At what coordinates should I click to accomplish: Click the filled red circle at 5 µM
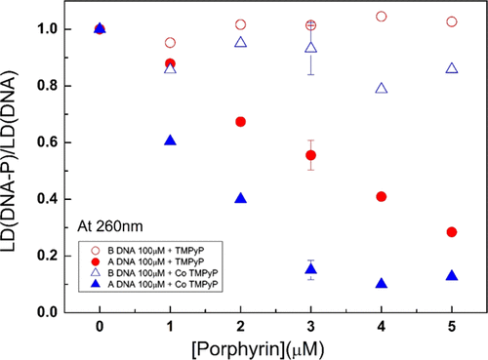click(x=452, y=232)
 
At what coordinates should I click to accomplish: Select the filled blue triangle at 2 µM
click(x=241, y=198)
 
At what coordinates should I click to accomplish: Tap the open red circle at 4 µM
click(x=382, y=17)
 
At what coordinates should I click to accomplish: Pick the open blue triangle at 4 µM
click(x=382, y=88)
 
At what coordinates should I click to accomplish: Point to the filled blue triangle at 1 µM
click(x=171, y=140)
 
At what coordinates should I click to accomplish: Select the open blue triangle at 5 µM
click(x=452, y=68)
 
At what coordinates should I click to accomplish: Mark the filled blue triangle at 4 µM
click(x=382, y=284)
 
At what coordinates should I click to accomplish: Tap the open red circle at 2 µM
click(x=241, y=24)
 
